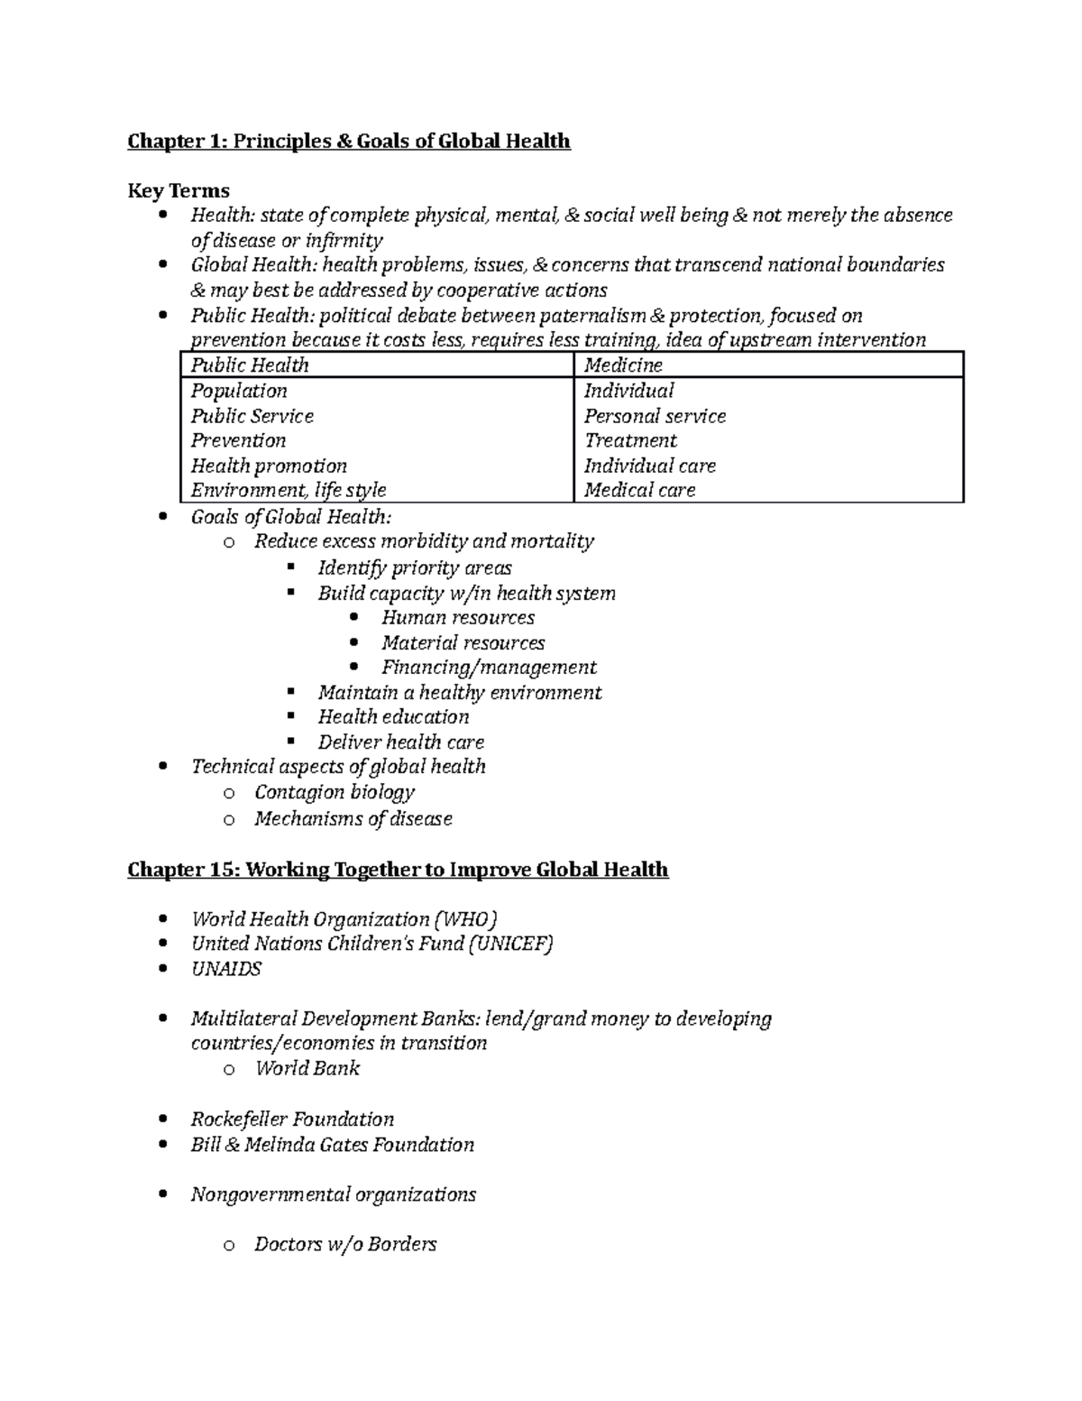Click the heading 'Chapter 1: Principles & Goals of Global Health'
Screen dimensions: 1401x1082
pyautogui.click(x=348, y=141)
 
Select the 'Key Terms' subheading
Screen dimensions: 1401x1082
pyautogui.click(x=179, y=190)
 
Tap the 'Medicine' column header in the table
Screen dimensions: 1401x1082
pyautogui.click(x=623, y=365)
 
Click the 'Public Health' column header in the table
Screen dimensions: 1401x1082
pyautogui.click(x=250, y=365)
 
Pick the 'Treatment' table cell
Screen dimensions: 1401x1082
pyautogui.click(x=630, y=440)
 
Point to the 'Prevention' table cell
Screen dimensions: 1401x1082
pyautogui.click(x=238, y=440)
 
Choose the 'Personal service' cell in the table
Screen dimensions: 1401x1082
pyautogui.click(x=655, y=416)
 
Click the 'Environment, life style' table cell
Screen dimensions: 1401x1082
pyautogui.click(x=289, y=490)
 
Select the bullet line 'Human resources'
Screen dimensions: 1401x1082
pyautogui.click(x=457, y=618)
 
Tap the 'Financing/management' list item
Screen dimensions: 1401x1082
pyautogui.click(x=488, y=668)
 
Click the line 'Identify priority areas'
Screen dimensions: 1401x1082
pyautogui.click(x=414, y=568)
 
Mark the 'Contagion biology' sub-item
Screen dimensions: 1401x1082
pyautogui.click(x=334, y=792)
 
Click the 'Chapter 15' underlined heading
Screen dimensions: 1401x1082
pyautogui.click(x=398, y=870)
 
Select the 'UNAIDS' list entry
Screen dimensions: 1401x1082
pyautogui.click(x=225, y=969)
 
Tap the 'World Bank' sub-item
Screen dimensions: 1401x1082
pyautogui.click(x=307, y=1068)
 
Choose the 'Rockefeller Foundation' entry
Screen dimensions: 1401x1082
pyautogui.click(x=292, y=1120)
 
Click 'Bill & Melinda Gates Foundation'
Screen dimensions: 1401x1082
pyautogui.click(x=332, y=1145)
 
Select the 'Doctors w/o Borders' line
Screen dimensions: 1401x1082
pyautogui.click(x=344, y=1245)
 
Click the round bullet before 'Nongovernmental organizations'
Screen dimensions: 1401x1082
pyautogui.click(x=162, y=1195)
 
